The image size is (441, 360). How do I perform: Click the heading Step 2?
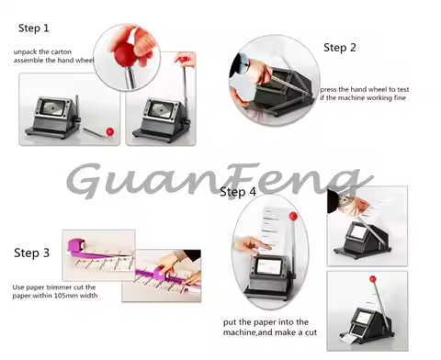[x=339, y=47]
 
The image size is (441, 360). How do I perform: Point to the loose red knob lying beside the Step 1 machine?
[x=109, y=131]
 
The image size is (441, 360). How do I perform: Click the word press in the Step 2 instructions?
[x=331, y=90]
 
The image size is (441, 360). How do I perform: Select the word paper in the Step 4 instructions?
[x=266, y=324]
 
